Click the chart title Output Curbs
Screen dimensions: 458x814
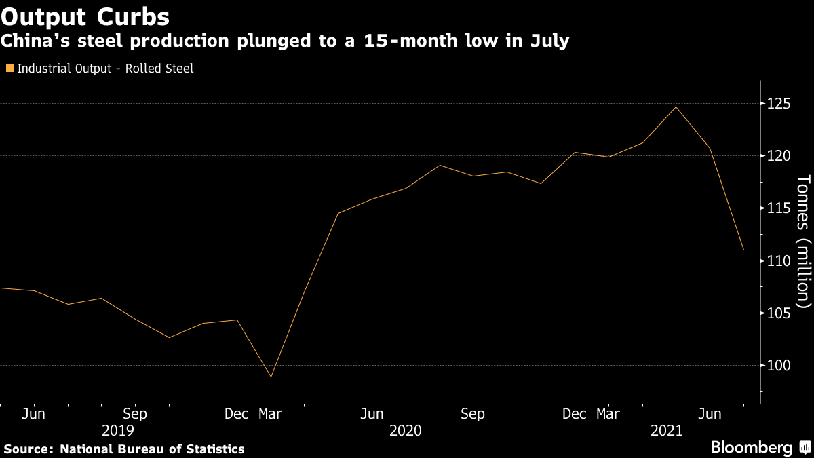point(85,15)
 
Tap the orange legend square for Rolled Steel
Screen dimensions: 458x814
point(9,69)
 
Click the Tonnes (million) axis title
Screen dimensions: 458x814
point(803,240)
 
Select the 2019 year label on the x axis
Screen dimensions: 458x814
point(117,431)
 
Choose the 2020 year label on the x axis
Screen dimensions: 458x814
point(406,431)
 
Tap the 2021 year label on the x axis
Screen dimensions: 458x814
point(667,431)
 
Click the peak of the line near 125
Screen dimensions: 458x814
point(676,107)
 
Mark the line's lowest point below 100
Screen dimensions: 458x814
point(271,377)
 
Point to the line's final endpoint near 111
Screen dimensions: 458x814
point(743,250)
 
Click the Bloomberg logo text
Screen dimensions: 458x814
point(751,448)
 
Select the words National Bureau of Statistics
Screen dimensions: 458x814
point(152,449)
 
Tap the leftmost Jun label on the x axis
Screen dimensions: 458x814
point(33,414)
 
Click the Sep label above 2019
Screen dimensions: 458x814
point(134,414)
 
